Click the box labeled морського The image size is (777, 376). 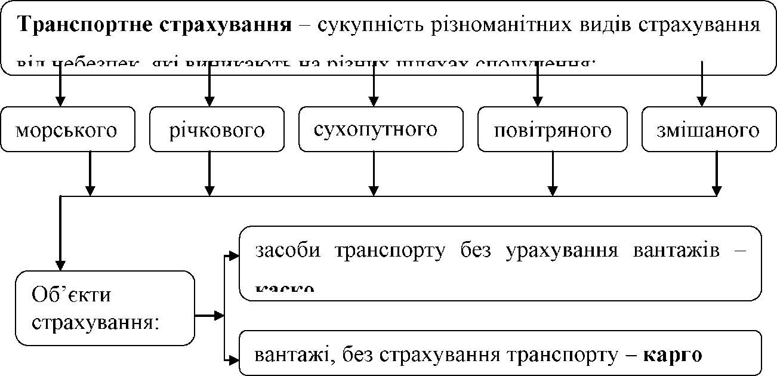coord(67,130)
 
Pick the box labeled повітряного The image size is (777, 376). coord(553,130)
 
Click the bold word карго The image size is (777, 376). coord(674,355)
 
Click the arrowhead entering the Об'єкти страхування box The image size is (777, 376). coord(60,265)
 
